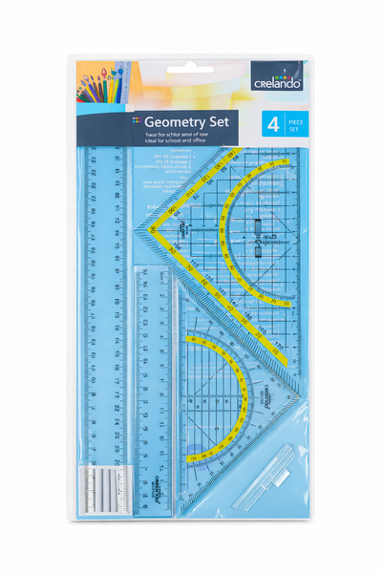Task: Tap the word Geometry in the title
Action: (x=179, y=121)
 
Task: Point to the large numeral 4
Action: (x=272, y=124)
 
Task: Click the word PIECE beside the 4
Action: (x=295, y=120)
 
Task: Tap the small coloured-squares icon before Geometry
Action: (x=137, y=120)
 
